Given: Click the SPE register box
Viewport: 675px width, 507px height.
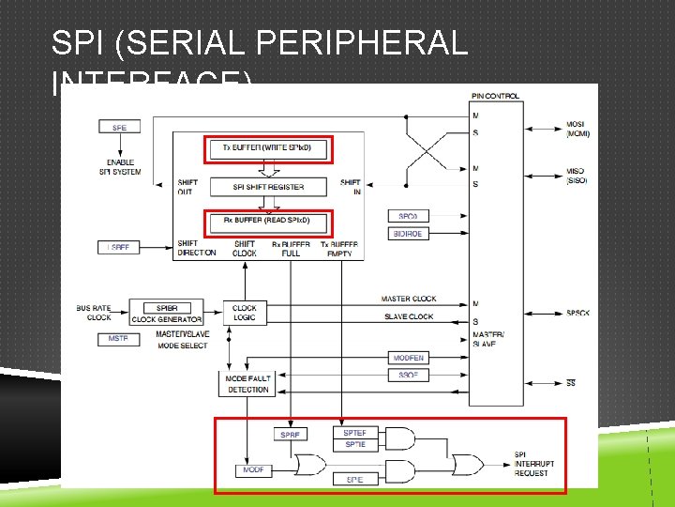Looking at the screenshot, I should pos(119,127).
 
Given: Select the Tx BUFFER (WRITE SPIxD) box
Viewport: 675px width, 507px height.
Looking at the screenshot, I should pos(268,148).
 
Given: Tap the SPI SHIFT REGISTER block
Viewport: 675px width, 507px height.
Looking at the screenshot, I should pos(268,187).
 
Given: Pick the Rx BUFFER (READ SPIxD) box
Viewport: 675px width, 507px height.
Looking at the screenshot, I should pos(268,221).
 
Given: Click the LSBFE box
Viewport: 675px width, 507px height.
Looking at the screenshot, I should pos(119,247).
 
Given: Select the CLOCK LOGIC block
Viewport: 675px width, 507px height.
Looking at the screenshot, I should pos(245,313).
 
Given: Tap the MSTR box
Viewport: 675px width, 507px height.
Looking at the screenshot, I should pos(119,339).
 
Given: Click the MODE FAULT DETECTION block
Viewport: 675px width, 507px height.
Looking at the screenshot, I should pos(247,384).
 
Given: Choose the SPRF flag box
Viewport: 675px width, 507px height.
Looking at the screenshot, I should pos(292,435).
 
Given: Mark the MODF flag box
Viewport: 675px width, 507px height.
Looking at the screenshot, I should pos(254,469).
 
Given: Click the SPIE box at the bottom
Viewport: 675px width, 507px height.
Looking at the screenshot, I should pos(355,480).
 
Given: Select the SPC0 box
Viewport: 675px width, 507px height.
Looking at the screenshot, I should pos(408,216).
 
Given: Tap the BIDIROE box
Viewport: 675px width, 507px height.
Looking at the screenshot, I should pos(408,233).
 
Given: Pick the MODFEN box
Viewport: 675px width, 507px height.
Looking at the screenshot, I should pos(408,358).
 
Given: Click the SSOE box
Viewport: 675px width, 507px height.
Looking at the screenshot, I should pos(408,375).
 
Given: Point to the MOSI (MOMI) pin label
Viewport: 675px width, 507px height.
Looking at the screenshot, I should pos(577,129).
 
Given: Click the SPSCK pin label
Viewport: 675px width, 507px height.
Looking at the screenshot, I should pos(577,313).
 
